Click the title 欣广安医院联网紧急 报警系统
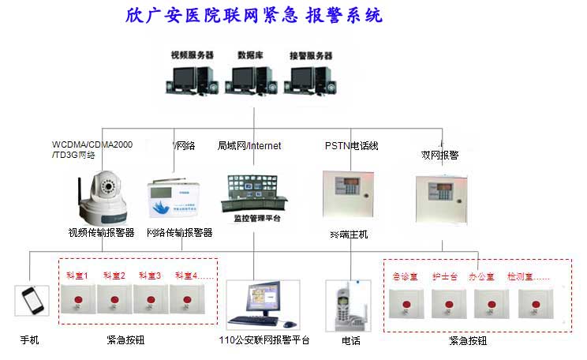[253, 16]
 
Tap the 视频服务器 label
[192, 55]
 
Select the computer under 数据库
[247, 82]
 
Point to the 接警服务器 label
[311, 55]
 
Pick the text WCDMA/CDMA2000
[92, 144]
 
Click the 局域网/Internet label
[249, 145]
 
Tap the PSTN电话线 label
[352, 145]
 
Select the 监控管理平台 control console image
[252, 194]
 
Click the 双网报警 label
[440, 156]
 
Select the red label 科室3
[150, 276]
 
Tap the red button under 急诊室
[407, 305]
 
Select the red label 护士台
[446, 277]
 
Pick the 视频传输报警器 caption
[101, 233]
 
